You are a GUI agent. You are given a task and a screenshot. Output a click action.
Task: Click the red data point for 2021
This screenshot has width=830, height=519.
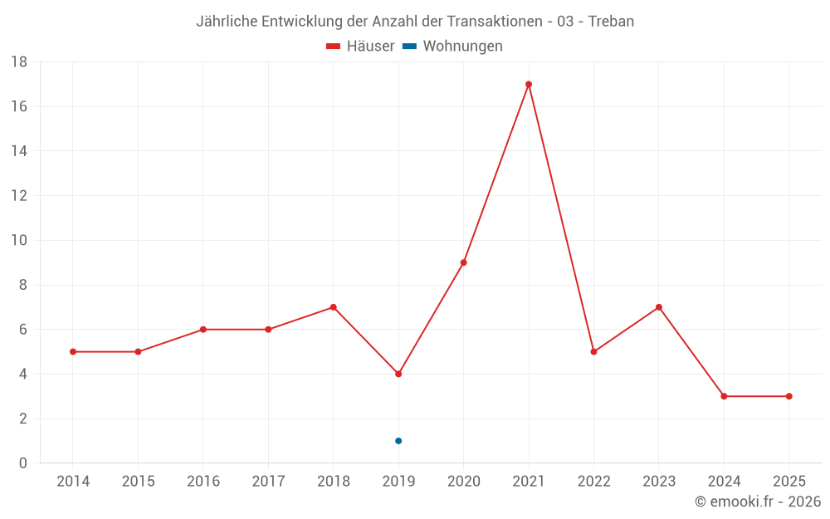[529, 84]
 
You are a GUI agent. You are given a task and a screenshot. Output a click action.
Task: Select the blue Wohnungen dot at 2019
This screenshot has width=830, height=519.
[398, 441]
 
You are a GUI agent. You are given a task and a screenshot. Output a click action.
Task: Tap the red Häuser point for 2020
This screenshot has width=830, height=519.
[463, 262]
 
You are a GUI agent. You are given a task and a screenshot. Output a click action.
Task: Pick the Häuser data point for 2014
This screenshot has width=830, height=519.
[73, 351]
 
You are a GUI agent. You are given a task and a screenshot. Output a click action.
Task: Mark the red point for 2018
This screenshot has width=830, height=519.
[334, 307]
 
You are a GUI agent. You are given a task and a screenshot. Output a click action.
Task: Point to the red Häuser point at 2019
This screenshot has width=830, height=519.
[398, 374]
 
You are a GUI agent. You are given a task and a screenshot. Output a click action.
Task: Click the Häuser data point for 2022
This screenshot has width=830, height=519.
[593, 351]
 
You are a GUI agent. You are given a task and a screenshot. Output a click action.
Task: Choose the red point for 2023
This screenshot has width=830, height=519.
[659, 307]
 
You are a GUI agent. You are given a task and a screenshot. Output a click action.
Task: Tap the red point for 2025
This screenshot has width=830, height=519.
[788, 396]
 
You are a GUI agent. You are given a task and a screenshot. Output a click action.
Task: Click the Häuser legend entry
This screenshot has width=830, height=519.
[361, 47]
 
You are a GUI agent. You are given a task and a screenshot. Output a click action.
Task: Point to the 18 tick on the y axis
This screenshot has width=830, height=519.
[19, 62]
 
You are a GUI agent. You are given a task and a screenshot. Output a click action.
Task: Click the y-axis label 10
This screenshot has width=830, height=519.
[19, 241]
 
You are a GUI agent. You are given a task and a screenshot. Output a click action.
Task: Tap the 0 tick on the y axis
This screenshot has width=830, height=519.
[23, 463]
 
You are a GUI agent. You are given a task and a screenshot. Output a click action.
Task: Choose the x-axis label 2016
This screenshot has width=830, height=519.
[203, 482]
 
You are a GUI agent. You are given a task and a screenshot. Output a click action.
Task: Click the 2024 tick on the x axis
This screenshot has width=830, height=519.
[724, 482]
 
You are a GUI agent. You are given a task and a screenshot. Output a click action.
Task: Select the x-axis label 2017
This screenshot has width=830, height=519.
[268, 482]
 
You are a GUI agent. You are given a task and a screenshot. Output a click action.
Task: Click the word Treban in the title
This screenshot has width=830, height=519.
[611, 22]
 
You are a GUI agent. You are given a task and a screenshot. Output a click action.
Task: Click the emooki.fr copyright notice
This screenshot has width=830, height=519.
[758, 502]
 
